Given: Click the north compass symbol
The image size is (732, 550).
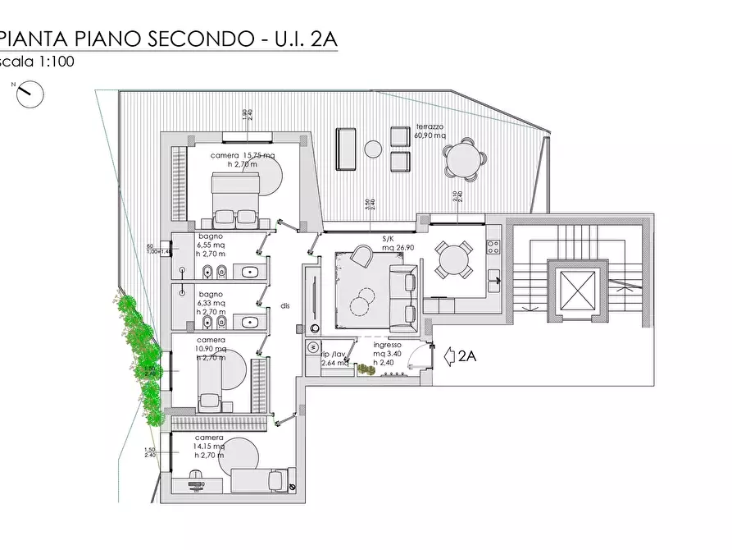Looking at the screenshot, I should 30,93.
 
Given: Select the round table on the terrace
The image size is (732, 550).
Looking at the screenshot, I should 462,160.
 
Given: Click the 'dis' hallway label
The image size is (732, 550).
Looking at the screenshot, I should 285,305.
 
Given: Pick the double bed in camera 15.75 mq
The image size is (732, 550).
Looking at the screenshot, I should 235,199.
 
